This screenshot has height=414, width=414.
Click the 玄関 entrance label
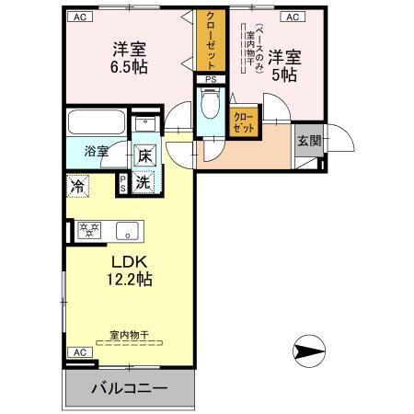(x=308, y=141)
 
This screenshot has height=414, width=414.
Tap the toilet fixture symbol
(x=210, y=107)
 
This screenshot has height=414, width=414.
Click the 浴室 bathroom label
(x=97, y=151)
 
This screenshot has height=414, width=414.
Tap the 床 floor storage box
(x=144, y=156)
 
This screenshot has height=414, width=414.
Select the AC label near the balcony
(x=80, y=352)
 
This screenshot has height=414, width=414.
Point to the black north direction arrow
(x=309, y=351)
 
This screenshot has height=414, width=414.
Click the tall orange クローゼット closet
(x=211, y=41)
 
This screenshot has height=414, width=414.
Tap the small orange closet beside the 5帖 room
(x=244, y=122)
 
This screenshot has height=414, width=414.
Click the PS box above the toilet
(x=211, y=79)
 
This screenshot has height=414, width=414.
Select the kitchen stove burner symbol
(x=89, y=229)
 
